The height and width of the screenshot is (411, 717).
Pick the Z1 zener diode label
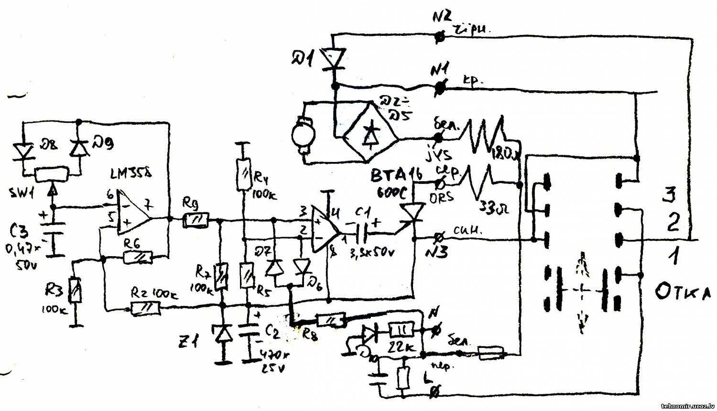[199, 343]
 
